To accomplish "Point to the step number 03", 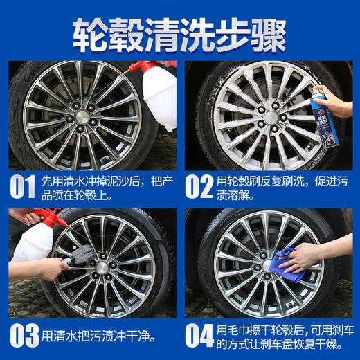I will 24,336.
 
